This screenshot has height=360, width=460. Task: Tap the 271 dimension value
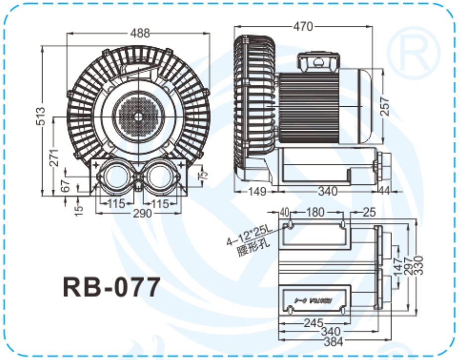[x=55, y=157]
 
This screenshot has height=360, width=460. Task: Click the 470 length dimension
[x=303, y=26]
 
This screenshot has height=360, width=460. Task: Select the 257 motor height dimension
[x=385, y=106]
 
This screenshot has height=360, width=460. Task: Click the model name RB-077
[x=111, y=287]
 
